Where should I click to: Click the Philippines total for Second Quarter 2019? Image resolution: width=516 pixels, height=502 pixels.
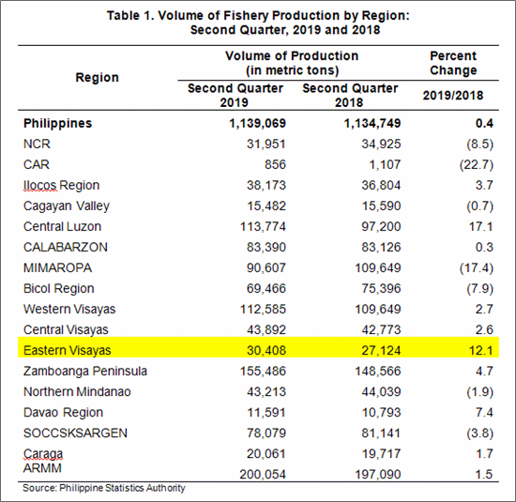257,124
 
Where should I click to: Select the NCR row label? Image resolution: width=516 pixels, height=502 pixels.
37,144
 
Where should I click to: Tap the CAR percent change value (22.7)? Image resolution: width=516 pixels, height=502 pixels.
477,164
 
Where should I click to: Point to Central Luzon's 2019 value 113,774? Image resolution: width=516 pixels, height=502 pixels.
263,226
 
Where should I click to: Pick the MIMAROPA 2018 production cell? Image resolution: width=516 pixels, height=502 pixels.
378,268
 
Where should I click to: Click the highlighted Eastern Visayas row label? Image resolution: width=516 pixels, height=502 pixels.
68,350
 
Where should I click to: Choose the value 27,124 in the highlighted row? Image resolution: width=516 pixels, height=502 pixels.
381,350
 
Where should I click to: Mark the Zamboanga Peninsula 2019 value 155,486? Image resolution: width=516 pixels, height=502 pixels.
263,371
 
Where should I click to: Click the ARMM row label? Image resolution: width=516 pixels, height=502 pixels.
42,468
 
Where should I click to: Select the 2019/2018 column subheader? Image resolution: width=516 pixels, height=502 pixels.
453,96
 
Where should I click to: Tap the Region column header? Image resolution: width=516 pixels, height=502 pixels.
97,77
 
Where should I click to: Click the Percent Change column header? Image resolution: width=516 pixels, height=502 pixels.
453,63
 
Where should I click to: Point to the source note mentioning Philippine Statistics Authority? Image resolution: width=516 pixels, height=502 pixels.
104,488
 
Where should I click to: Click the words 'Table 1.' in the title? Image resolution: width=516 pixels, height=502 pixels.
130,15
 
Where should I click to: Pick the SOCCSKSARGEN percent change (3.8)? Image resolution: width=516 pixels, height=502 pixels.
479,434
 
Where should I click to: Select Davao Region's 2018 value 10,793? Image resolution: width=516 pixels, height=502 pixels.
381,412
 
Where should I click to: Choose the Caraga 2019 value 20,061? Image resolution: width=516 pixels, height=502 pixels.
266,453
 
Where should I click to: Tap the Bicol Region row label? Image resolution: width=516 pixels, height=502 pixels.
59,288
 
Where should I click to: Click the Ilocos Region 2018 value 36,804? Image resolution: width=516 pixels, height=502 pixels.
381,186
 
